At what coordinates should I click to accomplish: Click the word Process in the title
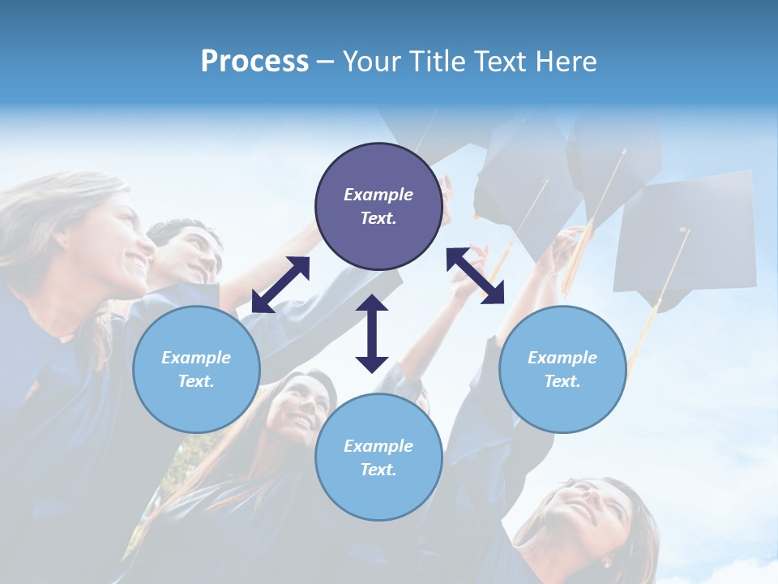point(254,61)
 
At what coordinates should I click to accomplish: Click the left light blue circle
point(196,369)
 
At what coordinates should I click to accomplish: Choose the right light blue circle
point(562,369)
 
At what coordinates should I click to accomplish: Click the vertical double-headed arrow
point(372,334)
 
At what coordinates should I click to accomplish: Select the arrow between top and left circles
point(280,285)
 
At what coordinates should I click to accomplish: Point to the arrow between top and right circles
point(476,276)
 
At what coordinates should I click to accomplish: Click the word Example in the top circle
point(378,195)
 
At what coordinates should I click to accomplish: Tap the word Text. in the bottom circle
point(378,470)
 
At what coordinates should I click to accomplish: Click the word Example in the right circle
point(562,358)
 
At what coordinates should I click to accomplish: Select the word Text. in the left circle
point(196,381)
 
